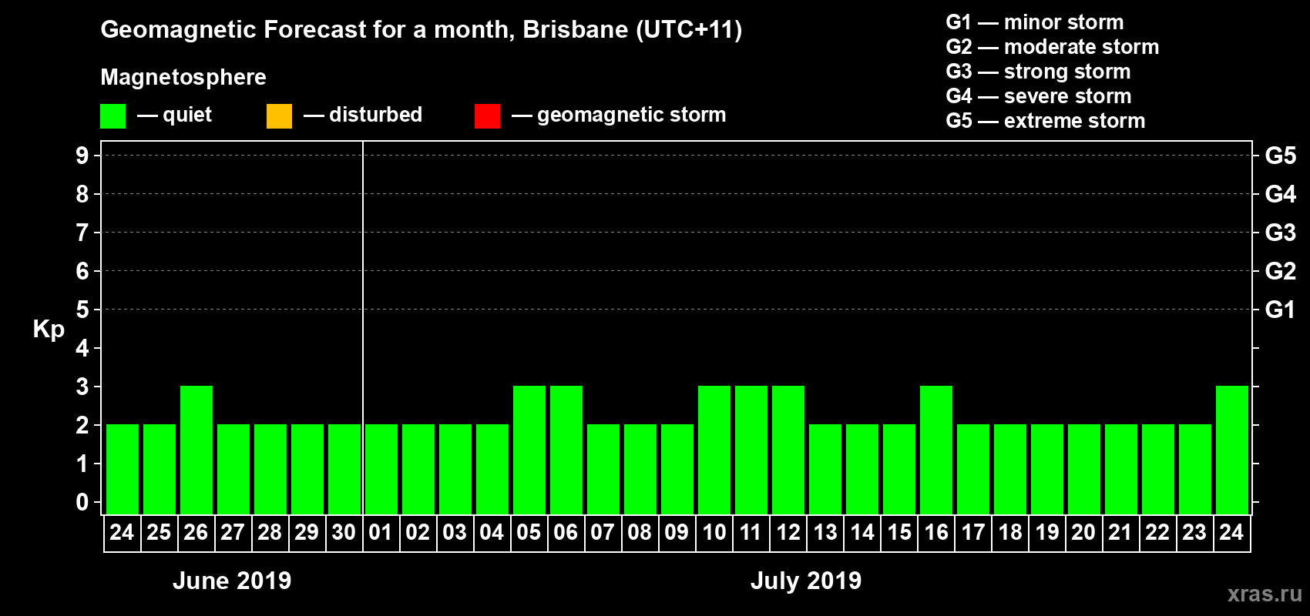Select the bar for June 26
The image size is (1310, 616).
196,450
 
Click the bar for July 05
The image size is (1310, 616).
529,450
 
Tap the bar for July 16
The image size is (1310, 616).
936,450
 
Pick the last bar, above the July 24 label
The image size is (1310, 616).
1232,450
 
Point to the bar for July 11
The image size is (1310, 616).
751,450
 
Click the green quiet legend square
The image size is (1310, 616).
113,116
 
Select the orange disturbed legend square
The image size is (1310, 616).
279,116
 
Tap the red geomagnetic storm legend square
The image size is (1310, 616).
487,116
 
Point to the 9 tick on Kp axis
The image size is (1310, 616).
82,156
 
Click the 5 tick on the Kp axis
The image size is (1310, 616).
82,310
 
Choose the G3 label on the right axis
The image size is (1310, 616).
1280,233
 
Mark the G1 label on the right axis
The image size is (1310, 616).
1280,310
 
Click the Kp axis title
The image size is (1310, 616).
49,330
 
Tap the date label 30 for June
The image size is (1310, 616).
344,532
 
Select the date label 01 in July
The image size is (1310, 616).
381,532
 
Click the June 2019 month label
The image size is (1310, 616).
232,581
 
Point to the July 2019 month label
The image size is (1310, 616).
806,581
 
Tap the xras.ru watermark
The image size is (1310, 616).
1265,594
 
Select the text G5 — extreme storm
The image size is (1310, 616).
1045,121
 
